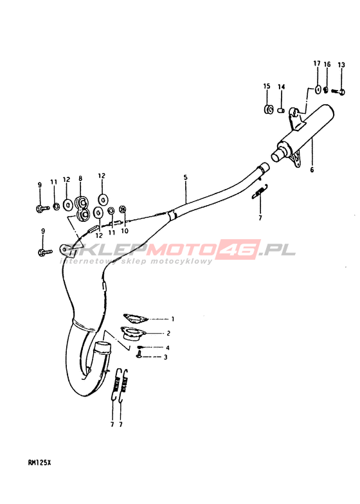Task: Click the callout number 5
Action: [x=185, y=177]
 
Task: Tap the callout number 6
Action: [x=312, y=170]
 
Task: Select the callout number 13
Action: [x=341, y=65]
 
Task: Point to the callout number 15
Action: [x=267, y=86]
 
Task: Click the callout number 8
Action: [x=80, y=179]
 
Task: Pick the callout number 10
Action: [x=125, y=231]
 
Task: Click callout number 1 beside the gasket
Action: [x=173, y=319]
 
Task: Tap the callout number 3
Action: [x=166, y=357]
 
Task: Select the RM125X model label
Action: [x=39, y=463]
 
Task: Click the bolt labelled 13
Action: [x=338, y=91]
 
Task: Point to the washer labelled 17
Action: [x=318, y=90]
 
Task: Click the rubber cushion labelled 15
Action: [x=268, y=109]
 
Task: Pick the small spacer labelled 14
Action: [x=281, y=111]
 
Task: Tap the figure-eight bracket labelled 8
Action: [x=82, y=208]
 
